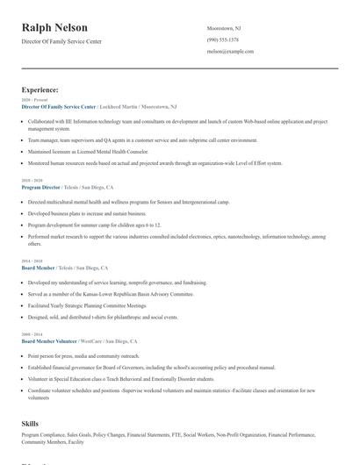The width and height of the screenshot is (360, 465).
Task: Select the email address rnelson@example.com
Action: tap(230, 52)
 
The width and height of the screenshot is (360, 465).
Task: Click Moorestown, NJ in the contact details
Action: tap(226, 28)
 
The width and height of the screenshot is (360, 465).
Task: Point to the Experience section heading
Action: tap(40, 89)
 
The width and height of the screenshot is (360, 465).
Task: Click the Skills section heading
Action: tap(30, 424)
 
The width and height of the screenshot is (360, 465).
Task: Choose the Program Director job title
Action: tap(41, 187)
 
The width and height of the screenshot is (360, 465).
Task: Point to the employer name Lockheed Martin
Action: tap(117, 107)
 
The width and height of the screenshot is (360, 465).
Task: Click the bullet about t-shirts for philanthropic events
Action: tap(97, 317)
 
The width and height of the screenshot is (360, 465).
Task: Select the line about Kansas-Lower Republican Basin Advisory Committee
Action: tap(110, 294)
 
